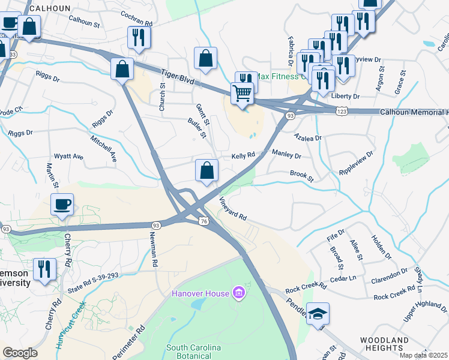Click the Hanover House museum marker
[x=239, y=293]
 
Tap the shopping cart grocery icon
[x=243, y=94]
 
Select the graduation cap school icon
[x=318, y=313]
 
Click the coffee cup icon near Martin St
[x=62, y=205]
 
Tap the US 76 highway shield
[x=203, y=221]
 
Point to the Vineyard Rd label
[x=233, y=210]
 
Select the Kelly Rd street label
[x=244, y=155]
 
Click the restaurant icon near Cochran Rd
[x=139, y=38]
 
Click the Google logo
[x=20, y=353]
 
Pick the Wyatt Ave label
[x=68, y=156]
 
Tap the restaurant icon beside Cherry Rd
[x=44, y=270]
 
